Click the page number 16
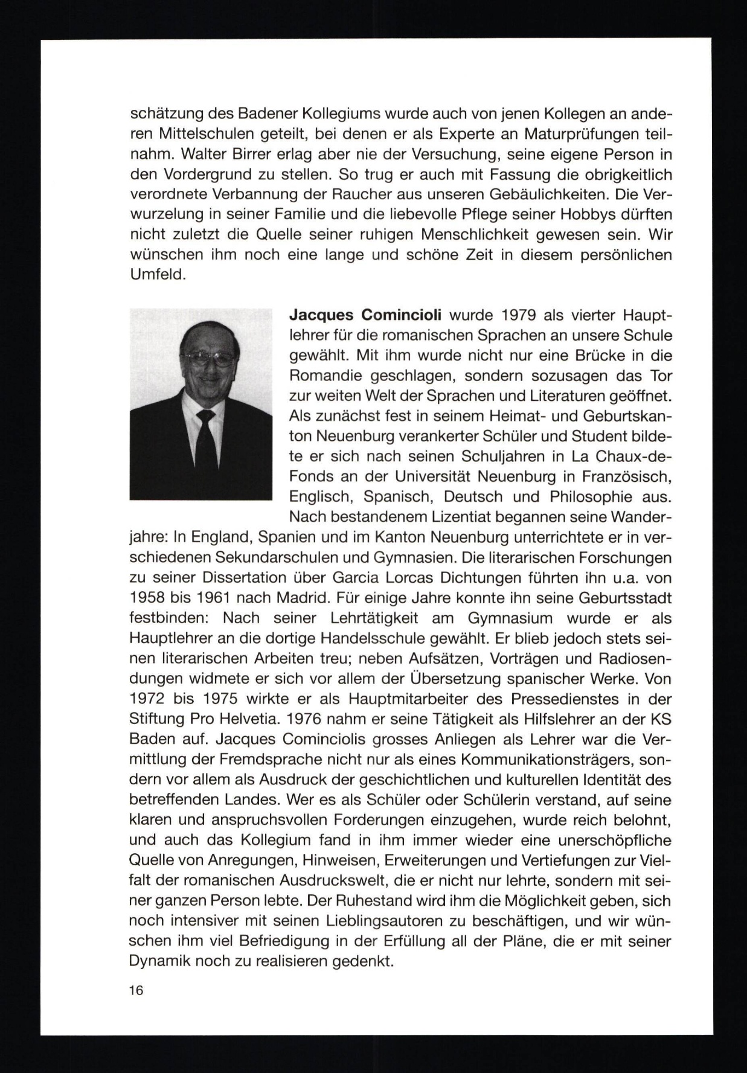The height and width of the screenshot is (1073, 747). [136, 990]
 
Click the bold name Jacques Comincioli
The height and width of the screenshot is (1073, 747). [365, 315]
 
